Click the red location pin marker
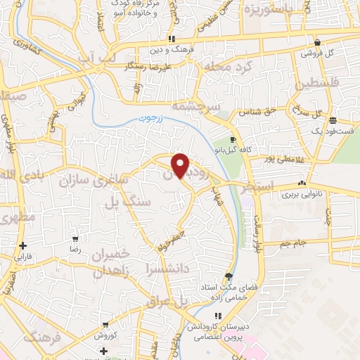(181, 165)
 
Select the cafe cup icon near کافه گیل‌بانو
(233, 140)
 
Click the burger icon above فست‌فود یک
(333, 120)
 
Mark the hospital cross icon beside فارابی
(24, 245)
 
